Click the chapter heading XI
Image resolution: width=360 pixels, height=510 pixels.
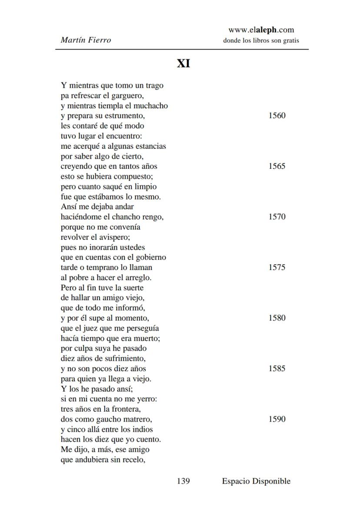click(x=183, y=64)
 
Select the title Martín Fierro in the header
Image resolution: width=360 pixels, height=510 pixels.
click(x=86, y=40)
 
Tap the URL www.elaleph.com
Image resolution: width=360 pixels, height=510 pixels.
click(x=261, y=30)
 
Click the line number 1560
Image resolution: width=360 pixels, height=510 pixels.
click(x=277, y=116)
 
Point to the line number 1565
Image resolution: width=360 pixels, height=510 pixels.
click(x=277, y=166)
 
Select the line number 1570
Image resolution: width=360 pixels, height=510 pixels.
click(x=277, y=217)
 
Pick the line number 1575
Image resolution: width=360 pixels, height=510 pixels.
click(x=277, y=268)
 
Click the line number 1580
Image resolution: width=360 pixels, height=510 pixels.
click(x=277, y=318)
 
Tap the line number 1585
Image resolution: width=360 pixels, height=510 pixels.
click(x=277, y=369)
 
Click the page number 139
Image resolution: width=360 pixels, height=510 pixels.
click(x=183, y=481)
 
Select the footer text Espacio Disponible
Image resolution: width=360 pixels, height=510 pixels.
click(x=256, y=481)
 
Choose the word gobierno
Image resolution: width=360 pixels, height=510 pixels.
click(x=149, y=258)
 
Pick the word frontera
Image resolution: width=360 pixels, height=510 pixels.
click(x=126, y=409)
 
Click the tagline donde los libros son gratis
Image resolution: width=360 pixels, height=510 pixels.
click(x=261, y=41)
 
